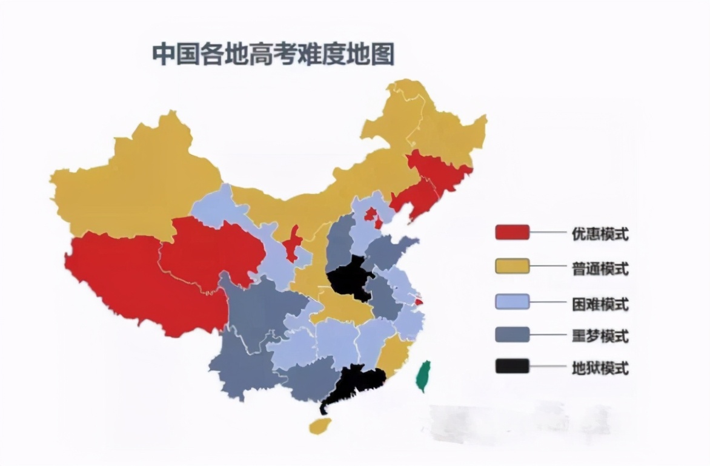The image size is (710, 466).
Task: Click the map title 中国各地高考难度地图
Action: [x=273, y=54]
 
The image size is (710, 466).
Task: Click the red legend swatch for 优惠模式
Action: [x=512, y=232]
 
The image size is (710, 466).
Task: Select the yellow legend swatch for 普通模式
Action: [x=512, y=266]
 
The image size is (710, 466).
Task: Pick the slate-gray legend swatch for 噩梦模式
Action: [x=512, y=334]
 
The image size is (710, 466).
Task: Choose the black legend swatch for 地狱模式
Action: [x=512, y=366]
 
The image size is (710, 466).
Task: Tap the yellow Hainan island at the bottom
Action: [x=320, y=425]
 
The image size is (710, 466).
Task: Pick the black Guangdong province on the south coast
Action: [x=357, y=382]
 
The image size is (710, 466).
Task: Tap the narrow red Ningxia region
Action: [x=293, y=243]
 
